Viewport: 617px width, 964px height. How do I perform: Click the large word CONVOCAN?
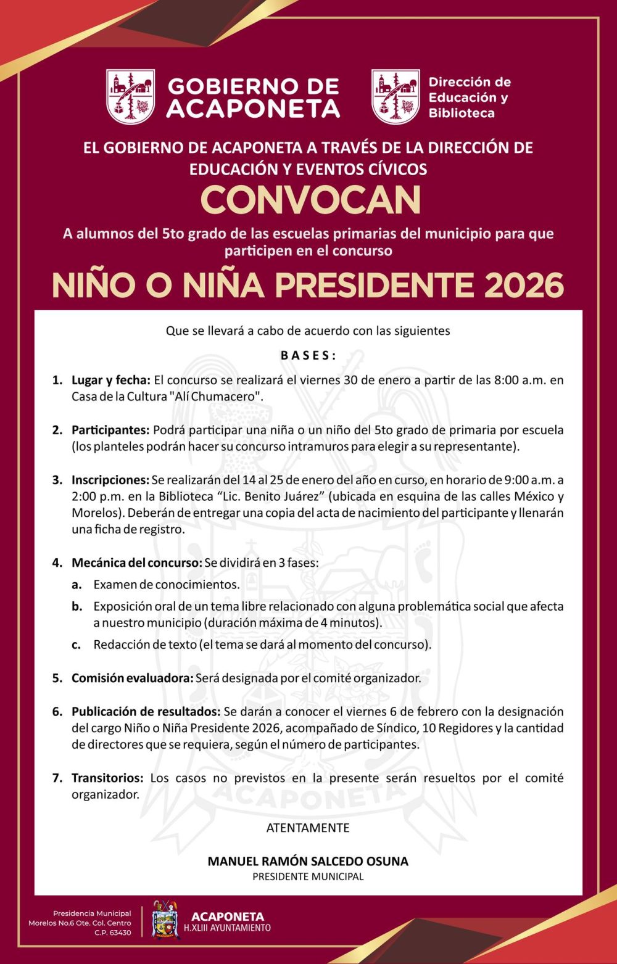(310, 200)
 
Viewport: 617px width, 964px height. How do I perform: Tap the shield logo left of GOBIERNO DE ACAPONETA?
(130, 97)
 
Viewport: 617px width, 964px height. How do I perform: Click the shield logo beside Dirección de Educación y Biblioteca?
(395, 97)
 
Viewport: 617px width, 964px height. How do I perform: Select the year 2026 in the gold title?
(524, 285)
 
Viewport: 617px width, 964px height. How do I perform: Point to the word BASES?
(308, 355)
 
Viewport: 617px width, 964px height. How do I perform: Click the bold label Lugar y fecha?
(111, 380)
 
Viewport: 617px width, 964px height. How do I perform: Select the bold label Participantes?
(110, 430)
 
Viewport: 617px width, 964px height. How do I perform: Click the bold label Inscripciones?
(110, 480)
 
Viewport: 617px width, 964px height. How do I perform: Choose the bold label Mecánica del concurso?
(137, 562)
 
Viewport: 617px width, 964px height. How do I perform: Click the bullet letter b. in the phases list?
(77, 606)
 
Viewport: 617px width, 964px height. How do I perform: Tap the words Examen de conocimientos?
(166, 584)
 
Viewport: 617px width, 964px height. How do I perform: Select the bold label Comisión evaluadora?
(132, 678)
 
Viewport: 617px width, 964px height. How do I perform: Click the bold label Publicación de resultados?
(146, 711)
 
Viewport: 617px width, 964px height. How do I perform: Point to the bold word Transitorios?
(107, 778)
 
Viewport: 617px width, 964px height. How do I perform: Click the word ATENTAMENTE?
(308, 828)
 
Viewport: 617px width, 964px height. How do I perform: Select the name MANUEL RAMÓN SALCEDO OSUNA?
(308, 861)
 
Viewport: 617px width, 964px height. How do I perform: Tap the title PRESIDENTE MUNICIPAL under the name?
(308, 876)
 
